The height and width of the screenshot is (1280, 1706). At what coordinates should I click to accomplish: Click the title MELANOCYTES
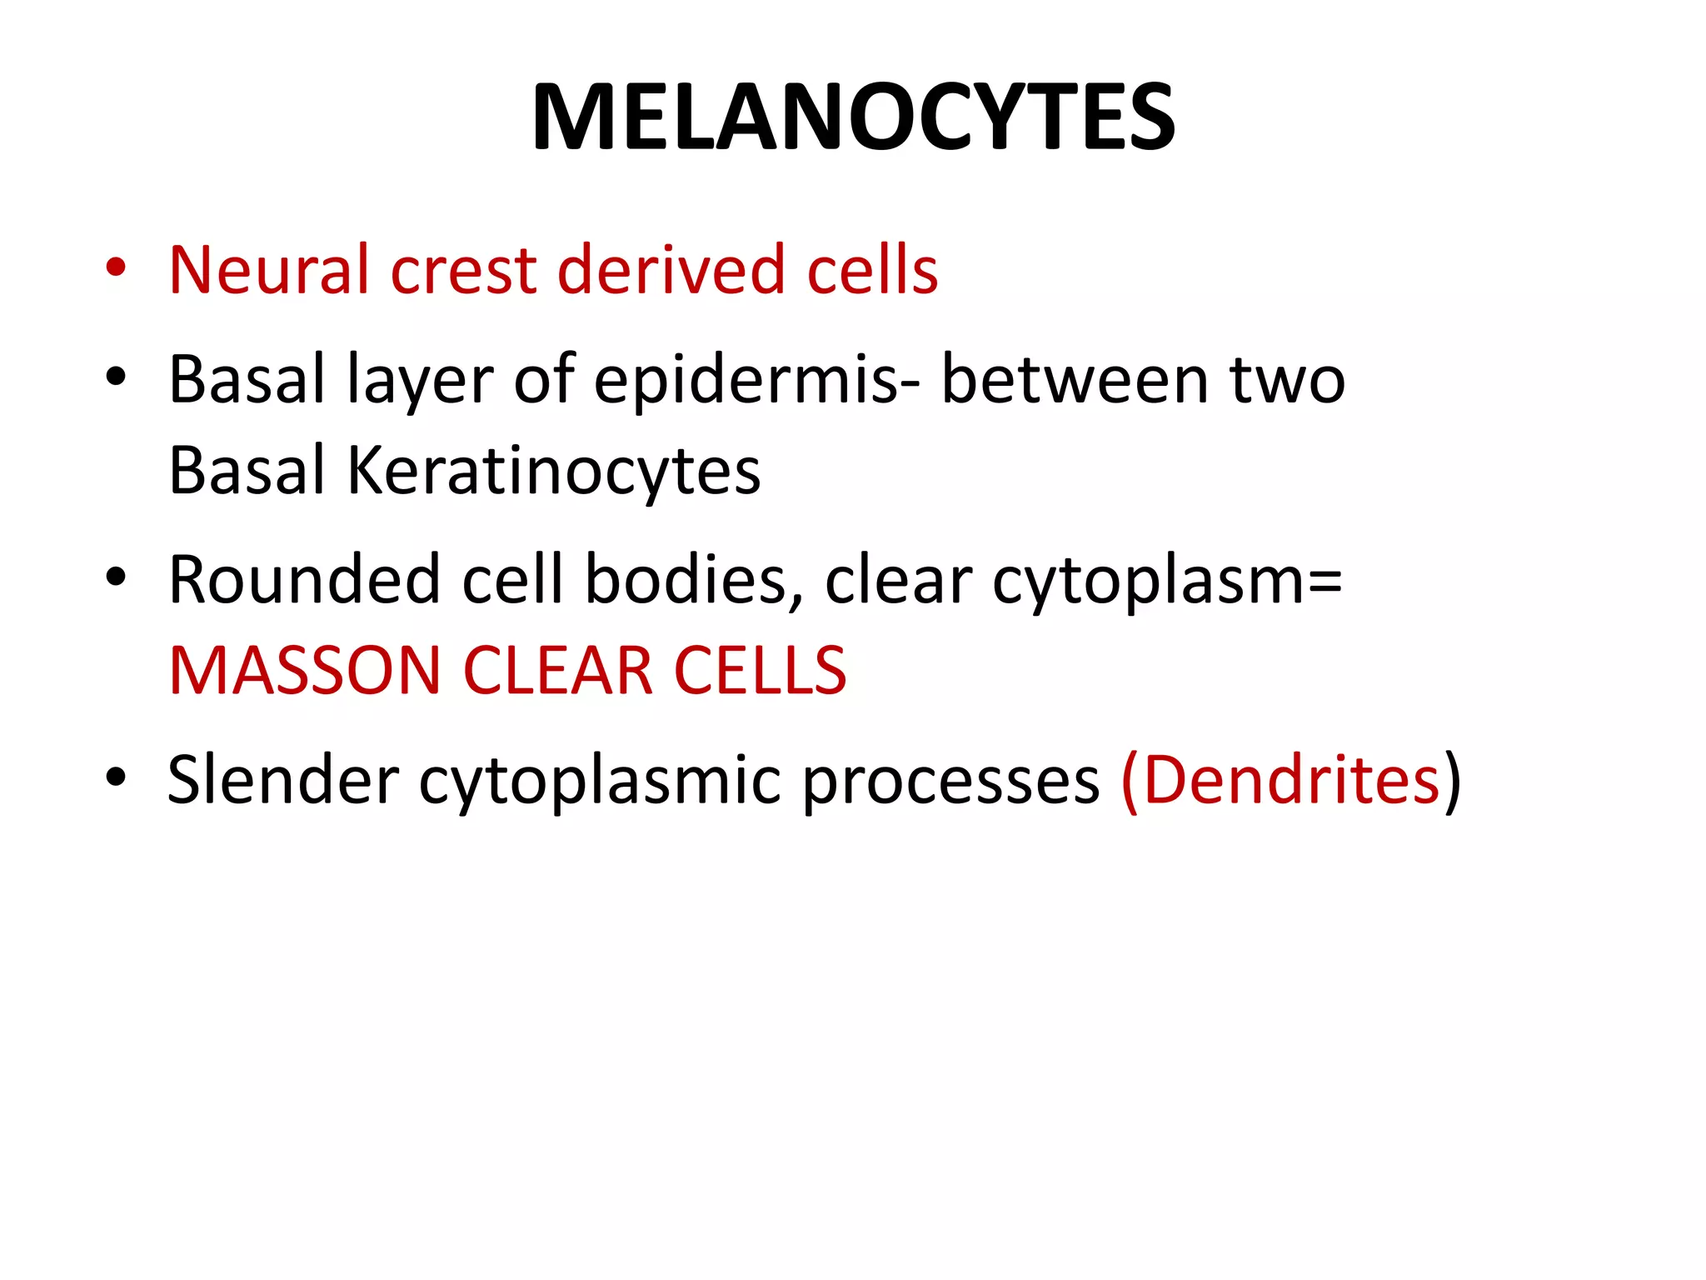coord(853,117)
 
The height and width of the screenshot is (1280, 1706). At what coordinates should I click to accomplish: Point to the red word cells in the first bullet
coord(872,270)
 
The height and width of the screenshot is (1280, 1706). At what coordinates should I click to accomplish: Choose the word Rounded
coord(304,579)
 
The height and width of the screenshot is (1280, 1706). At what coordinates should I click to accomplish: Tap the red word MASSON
coord(304,671)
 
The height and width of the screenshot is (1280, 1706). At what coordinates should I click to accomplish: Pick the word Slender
coord(283,779)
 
